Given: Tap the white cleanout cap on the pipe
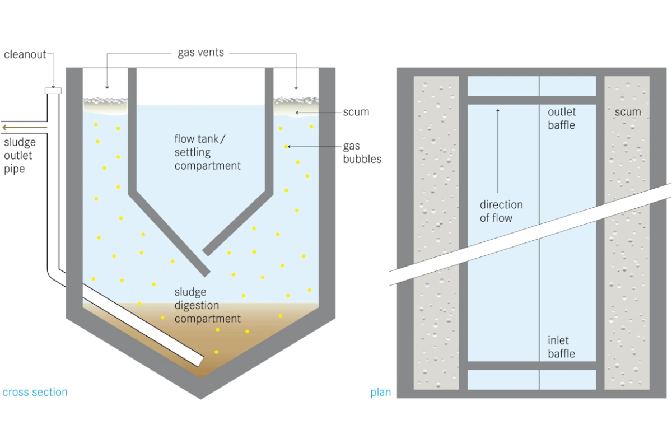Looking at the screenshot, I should point(54,90).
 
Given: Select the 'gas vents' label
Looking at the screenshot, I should point(201,53).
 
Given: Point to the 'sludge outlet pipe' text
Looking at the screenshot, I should point(19,155).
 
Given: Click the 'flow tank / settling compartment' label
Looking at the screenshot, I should point(207,152).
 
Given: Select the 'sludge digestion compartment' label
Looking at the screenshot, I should point(207,305).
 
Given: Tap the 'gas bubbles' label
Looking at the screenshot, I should point(362,152).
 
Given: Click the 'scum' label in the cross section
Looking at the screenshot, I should point(356,112).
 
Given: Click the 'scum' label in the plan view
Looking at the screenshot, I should point(628,112).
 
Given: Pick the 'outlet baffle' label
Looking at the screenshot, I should point(561,118).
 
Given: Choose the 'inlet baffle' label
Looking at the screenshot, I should point(561,347).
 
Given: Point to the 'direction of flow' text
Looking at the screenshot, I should point(501,211).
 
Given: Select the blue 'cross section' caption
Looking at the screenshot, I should point(35,392).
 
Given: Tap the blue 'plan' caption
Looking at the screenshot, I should point(381,392).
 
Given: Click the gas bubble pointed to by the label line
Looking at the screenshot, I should point(286,147).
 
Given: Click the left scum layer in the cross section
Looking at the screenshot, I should point(105,104).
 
